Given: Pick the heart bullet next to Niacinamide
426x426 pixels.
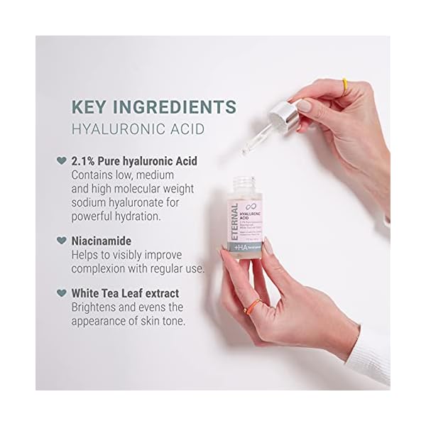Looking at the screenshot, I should pos(62,241).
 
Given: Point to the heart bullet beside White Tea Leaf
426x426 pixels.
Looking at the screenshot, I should pos(62,292).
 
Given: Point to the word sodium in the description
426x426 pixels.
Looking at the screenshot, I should pos(91,202).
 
